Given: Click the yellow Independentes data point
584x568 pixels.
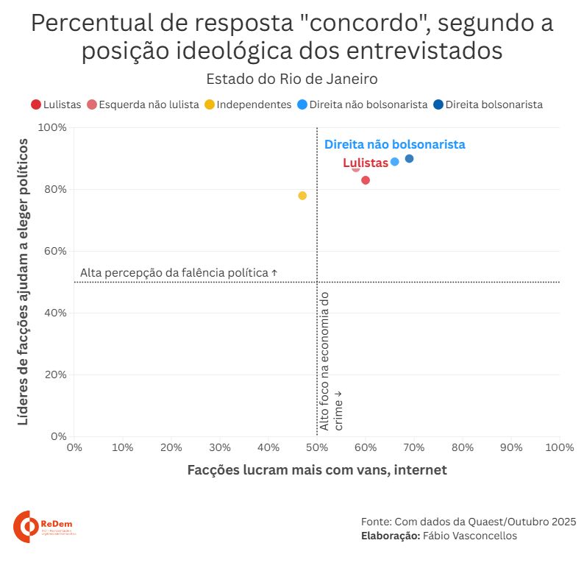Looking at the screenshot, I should pyautogui.click(x=302, y=196).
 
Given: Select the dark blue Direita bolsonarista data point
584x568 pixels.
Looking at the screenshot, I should pyautogui.click(x=409, y=159).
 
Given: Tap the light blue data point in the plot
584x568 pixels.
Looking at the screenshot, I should pyautogui.click(x=395, y=162).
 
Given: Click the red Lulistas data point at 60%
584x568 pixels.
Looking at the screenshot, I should pyautogui.click(x=366, y=180).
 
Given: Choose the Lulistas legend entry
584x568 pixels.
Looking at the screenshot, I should pyautogui.click(x=56, y=104).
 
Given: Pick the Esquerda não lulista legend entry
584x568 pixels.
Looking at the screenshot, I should pyautogui.click(x=143, y=104).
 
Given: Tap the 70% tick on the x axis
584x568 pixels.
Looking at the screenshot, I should pyautogui.click(x=414, y=447).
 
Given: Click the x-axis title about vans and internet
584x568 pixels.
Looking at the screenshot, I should pyautogui.click(x=317, y=469).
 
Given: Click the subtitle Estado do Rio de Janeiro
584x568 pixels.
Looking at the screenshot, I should pyautogui.click(x=291, y=79).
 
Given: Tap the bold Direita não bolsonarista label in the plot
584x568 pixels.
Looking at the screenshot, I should pyautogui.click(x=395, y=145).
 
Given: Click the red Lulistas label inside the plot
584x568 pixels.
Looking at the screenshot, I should pyautogui.click(x=366, y=163).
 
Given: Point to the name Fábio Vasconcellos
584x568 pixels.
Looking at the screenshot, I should pyautogui.click(x=469, y=536).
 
